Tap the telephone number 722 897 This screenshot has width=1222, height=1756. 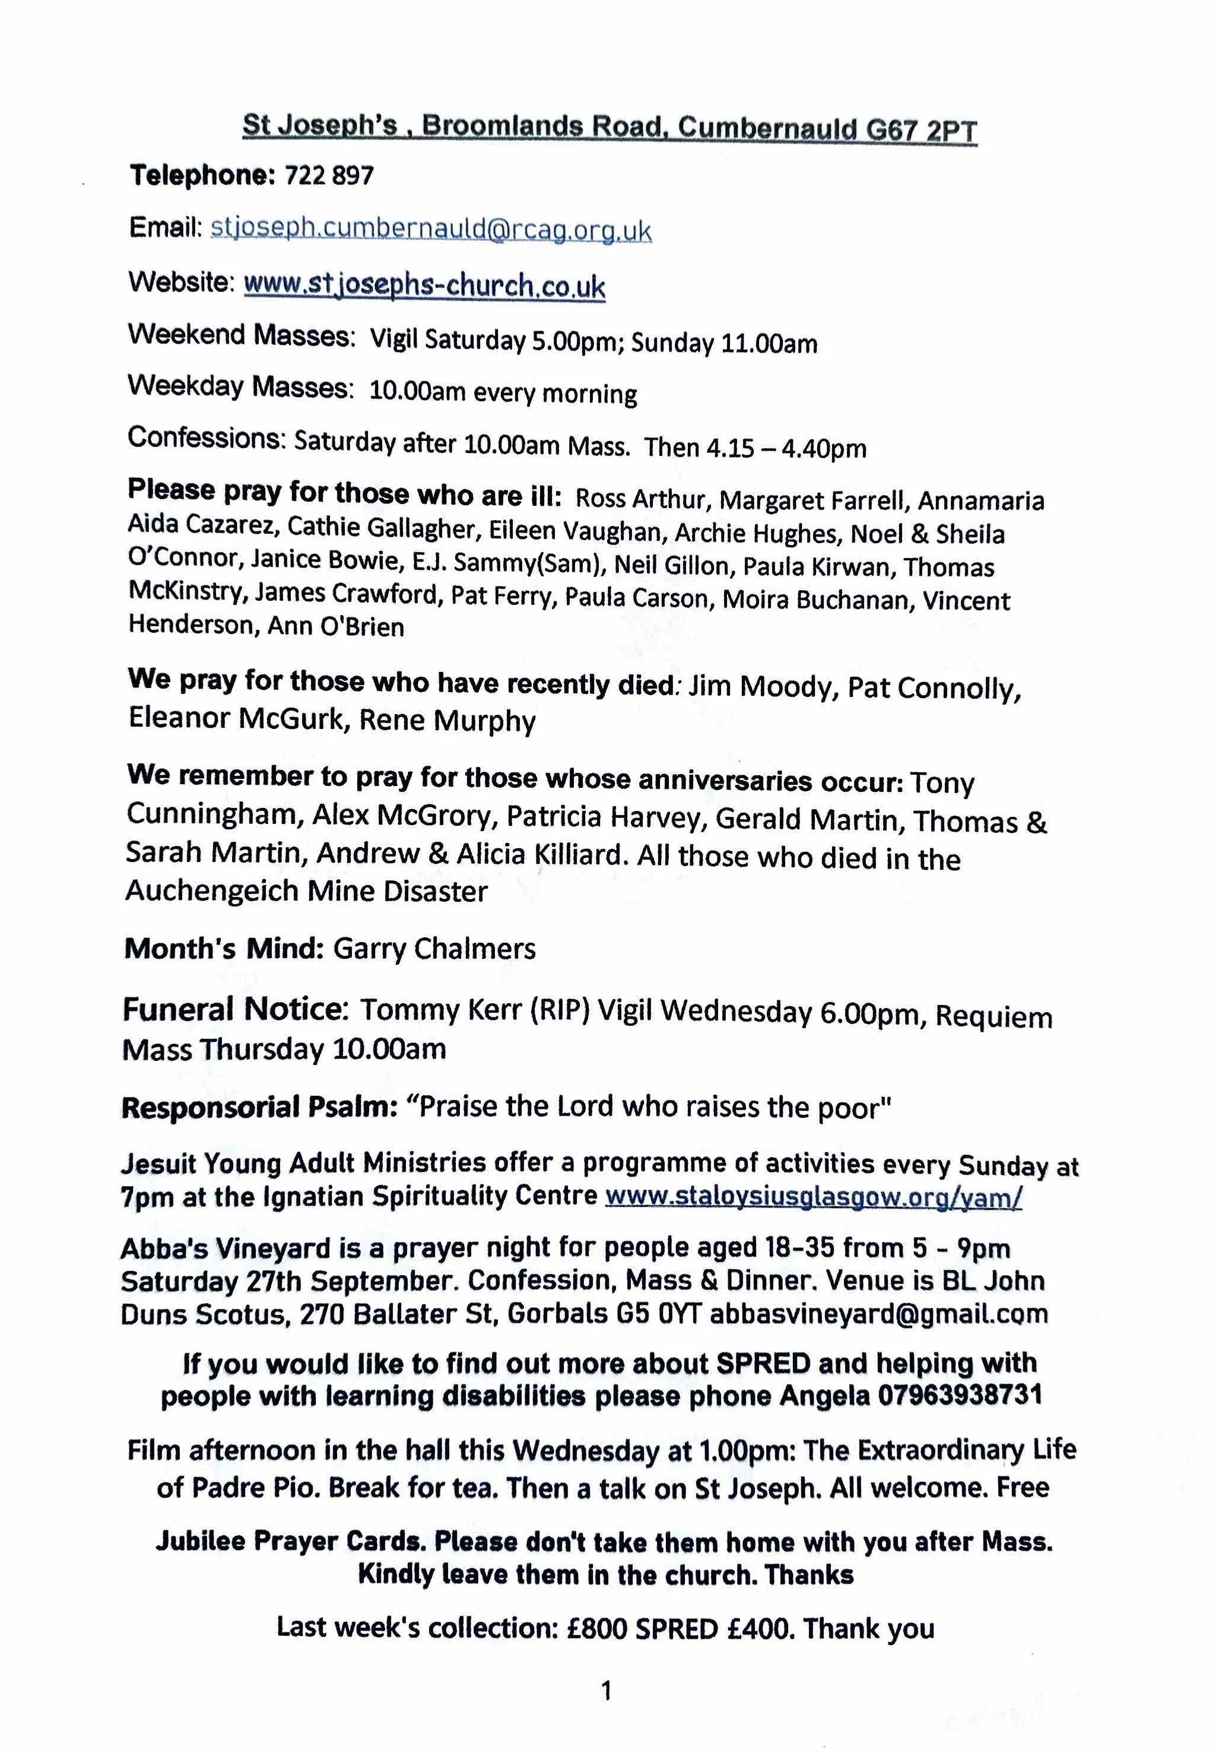[329, 177]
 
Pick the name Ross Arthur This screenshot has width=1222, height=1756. [639, 499]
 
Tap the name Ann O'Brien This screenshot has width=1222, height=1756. [335, 627]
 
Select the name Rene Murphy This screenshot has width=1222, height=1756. [447, 721]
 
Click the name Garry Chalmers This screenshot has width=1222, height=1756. [434, 949]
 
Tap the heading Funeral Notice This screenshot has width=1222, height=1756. [235, 1010]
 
